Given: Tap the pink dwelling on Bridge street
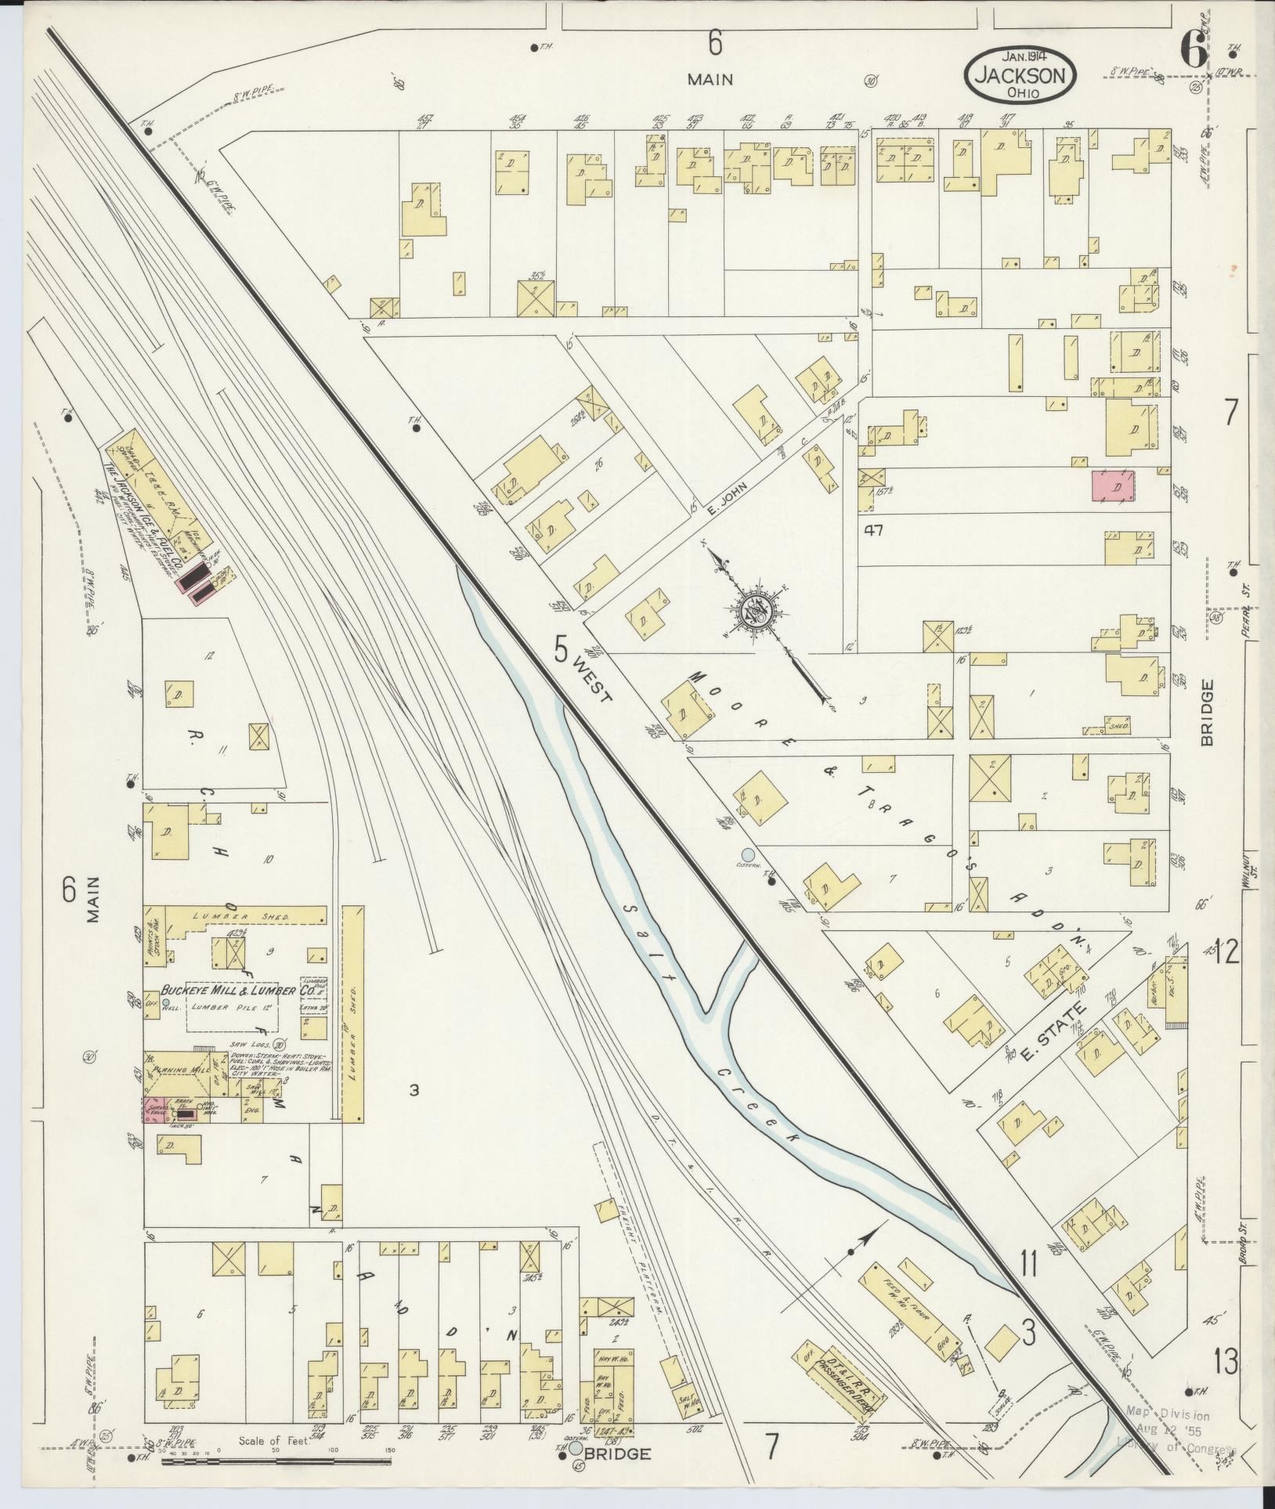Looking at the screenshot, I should click(x=1113, y=486).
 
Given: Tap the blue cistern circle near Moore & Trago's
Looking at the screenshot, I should click(x=748, y=854).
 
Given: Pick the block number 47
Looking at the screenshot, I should click(x=874, y=530).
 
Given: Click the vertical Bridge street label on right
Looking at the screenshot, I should click(x=1206, y=712).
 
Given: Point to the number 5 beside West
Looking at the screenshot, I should click(x=561, y=648).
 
